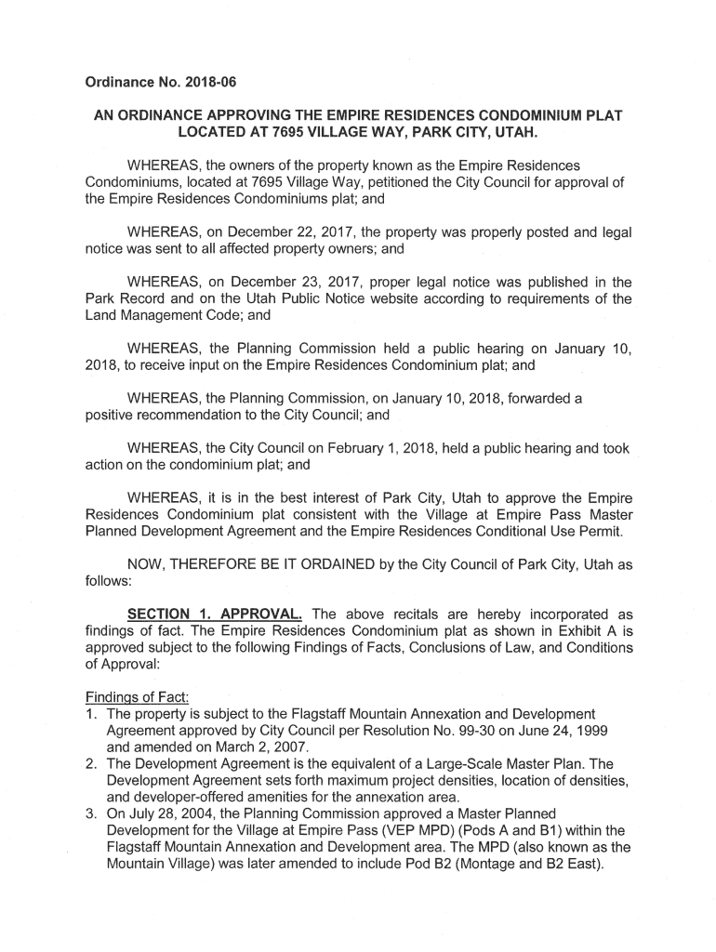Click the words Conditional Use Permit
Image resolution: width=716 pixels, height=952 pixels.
(547, 531)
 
